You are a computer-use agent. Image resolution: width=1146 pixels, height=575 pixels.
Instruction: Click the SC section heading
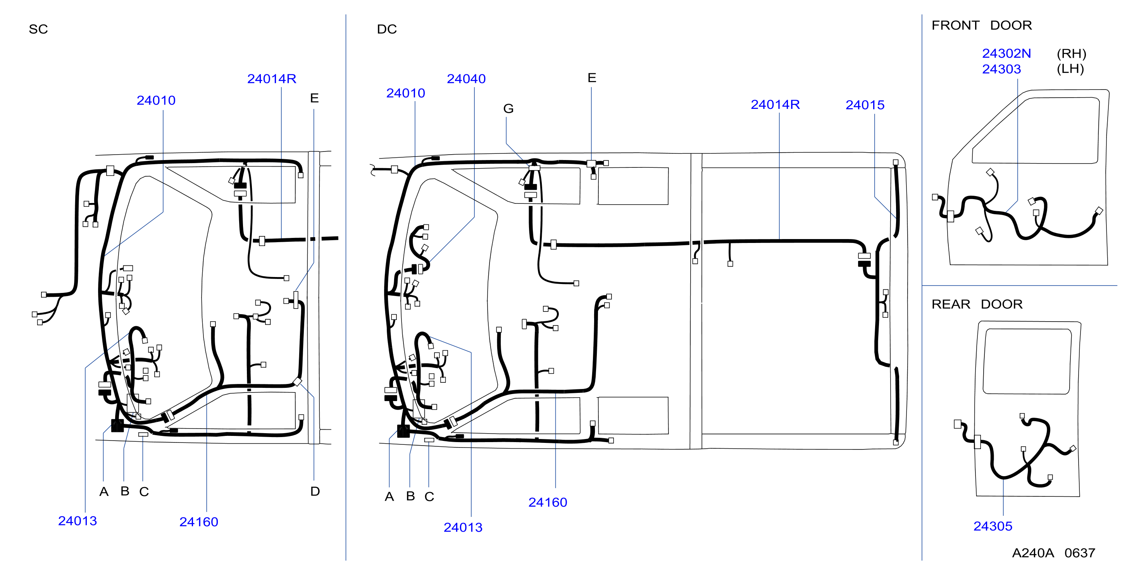[38, 29]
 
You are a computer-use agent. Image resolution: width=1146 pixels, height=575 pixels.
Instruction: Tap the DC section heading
[387, 29]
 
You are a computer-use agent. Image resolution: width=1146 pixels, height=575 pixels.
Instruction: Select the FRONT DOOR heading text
[981, 25]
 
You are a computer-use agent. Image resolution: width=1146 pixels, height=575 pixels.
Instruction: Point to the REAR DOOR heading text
[977, 304]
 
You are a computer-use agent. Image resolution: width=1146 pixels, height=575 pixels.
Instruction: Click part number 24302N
[1006, 53]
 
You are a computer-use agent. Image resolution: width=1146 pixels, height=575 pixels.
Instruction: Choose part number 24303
[1001, 69]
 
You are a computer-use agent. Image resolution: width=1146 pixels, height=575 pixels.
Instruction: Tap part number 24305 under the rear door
[993, 526]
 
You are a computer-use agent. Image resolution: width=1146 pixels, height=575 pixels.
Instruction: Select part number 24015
[865, 105]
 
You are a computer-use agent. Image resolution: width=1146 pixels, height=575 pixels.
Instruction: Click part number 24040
[466, 79]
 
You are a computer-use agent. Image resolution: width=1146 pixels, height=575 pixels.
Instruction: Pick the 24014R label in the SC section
[272, 79]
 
